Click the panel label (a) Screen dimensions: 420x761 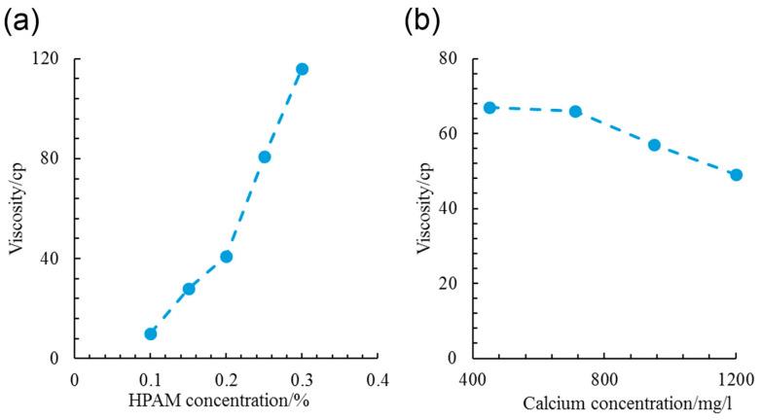click(x=22, y=18)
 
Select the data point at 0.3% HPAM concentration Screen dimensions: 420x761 click(x=302, y=69)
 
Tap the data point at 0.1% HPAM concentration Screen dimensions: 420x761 click(x=151, y=333)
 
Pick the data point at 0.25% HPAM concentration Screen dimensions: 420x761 click(x=264, y=157)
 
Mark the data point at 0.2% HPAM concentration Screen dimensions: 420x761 click(x=226, y=257)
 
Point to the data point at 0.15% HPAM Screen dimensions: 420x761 click(x=189, y=289)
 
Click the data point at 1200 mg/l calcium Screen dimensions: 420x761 click(x=736, y=175)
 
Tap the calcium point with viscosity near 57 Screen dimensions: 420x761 click(x=654, y=145)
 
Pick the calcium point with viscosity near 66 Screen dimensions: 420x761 click(x=575, y=112)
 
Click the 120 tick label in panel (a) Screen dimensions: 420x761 click(x=45, y=58)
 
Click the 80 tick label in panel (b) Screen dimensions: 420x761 click(x=449, y=58)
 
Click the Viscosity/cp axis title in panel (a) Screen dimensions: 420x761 click(x=17, y=208)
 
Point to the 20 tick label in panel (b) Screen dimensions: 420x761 click(x=449, y=284)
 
